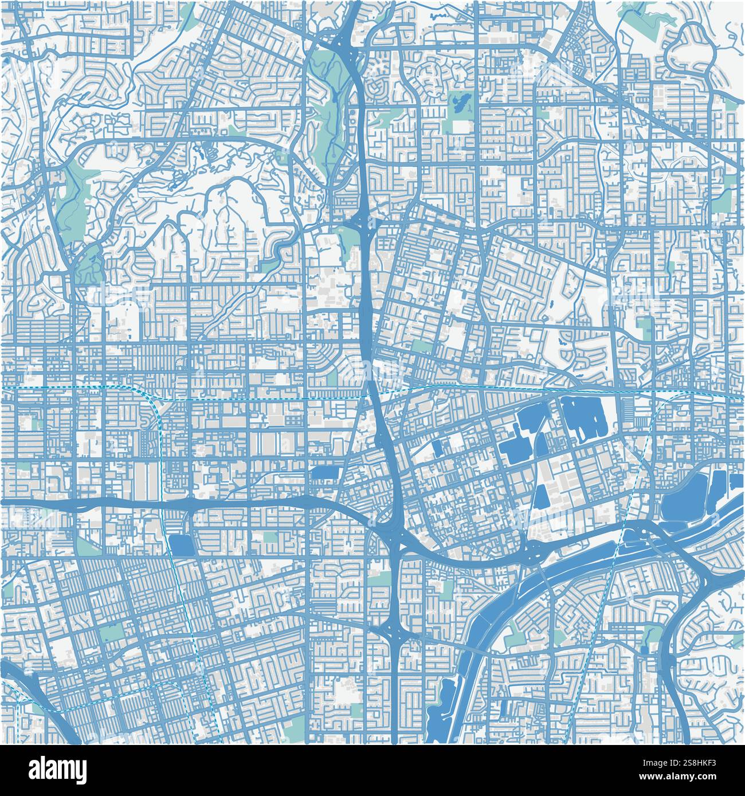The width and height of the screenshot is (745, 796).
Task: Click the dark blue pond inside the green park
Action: pyautogui.click(x=459, y=104)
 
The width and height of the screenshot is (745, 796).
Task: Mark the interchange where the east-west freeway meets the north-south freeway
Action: pyautogui.click(x=390, y=530)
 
